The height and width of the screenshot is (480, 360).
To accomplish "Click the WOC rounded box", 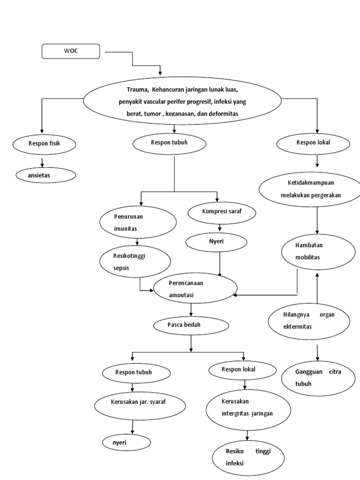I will click(71, 51).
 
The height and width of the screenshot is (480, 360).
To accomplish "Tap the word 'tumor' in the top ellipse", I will click(150, 114).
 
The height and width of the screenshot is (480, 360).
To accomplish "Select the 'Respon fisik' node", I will click(44, 144).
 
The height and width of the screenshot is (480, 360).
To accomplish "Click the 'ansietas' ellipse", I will click(45, 175).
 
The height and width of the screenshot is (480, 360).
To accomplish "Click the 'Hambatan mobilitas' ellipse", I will click(318, 252).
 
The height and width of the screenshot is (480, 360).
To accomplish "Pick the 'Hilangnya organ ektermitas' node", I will click(309, 321).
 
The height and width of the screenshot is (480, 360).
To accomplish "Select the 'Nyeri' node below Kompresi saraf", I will click(217, 242).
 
